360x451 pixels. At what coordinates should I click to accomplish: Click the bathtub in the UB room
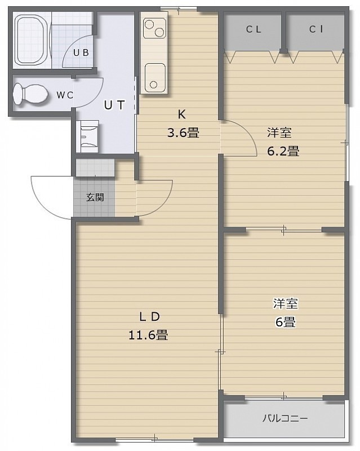click(31, 40)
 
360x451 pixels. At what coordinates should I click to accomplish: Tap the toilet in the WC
click(30, 94)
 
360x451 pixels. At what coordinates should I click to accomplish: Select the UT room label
click(114, 105)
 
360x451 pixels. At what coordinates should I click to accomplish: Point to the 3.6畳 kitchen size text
click(183, 133)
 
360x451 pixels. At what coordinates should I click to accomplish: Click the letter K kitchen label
click(182, 114)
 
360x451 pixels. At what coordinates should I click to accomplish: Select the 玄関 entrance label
click(95, 197)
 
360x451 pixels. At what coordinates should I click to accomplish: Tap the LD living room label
click(149, 317)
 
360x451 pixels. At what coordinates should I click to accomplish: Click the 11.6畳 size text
click(148, 335)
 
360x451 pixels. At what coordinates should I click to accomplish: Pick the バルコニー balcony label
click(285, 418)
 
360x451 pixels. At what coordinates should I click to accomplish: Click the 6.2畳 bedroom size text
click(283, 151)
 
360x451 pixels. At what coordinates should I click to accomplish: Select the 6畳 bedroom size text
click(286, 322)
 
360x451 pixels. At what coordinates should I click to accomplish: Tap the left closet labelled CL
click(254, 29)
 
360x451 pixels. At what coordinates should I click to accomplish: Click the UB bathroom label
click(81, 52)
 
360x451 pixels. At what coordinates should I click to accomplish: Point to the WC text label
click(65, 95)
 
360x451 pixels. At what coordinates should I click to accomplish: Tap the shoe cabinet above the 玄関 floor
click(95, 167)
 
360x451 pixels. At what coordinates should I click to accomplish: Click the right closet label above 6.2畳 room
click(316, 29)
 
